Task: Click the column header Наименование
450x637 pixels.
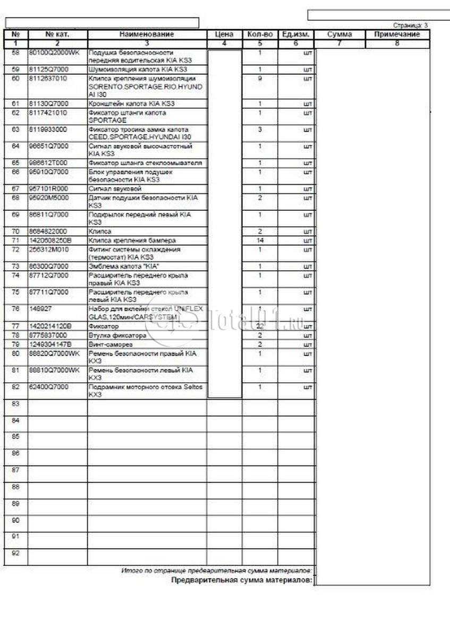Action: (147, 35)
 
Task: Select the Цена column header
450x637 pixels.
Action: (224, 35)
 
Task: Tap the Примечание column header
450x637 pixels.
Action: (397, 35)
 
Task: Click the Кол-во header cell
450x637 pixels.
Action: (260, 35)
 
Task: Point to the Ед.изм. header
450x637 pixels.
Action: (296, 35)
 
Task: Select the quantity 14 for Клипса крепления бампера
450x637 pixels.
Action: (260, 240)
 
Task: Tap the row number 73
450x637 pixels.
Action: (15, 266)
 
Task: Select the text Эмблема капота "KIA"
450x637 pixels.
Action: (123, 266)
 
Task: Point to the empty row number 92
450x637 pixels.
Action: (15, 553)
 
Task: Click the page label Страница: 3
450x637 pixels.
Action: (410, 25)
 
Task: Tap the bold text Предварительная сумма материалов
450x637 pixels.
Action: (242, 581)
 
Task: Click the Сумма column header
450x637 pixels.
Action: (339, 35)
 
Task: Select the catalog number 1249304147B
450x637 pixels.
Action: (50, 345)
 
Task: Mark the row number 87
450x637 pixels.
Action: (15, 470)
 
